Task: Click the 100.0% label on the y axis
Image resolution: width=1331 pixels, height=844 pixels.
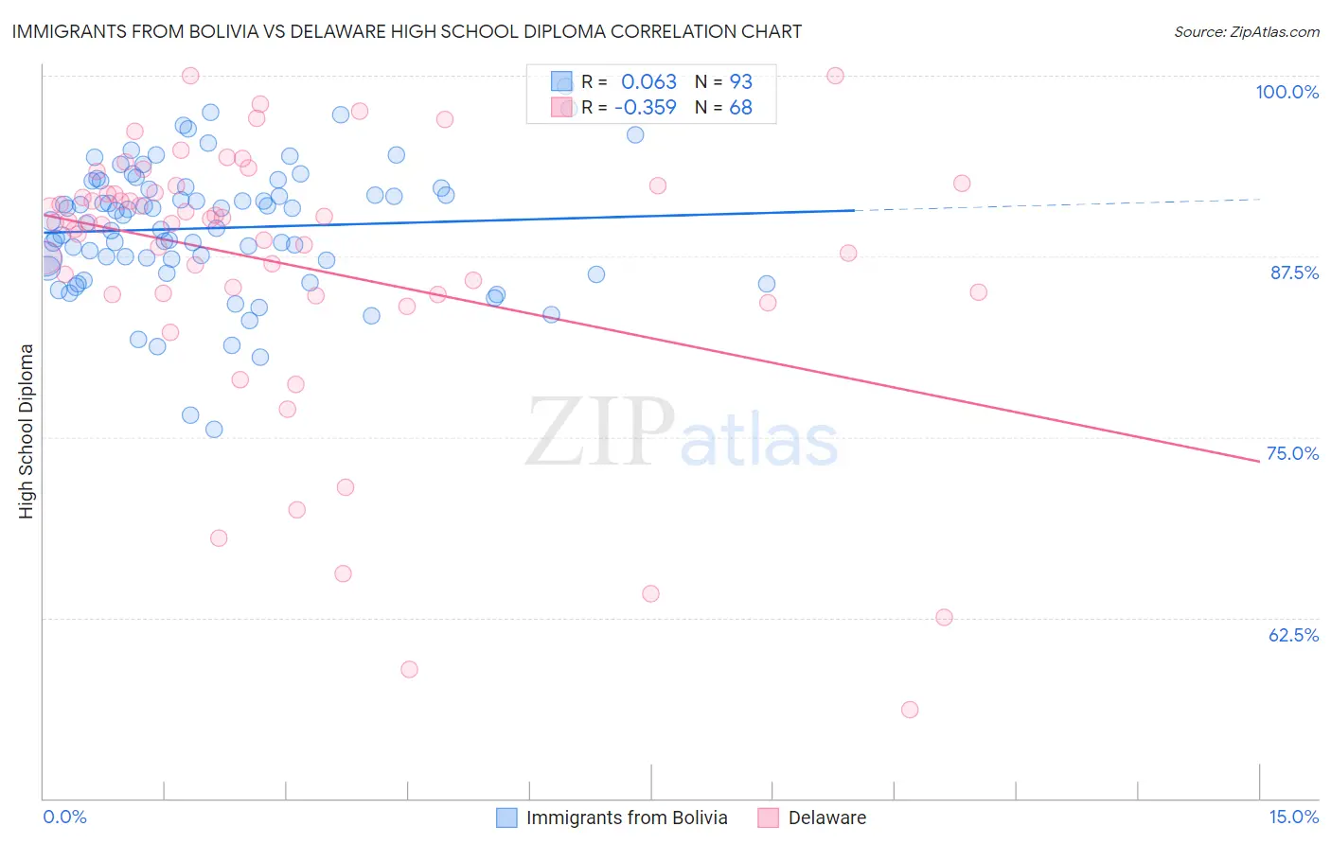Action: pyautogui.click(x=1287, y=92)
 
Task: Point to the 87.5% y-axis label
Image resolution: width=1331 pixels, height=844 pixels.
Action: pyautogui.click(x=1294, y=273)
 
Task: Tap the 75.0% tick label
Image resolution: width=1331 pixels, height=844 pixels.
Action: pyautogui.click(x=1292, y=453)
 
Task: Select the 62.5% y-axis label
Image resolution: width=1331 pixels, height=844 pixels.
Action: pyautogui.click(x=1293, y=635)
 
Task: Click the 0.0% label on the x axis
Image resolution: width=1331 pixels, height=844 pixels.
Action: pyautogui.click(x=64, y=817)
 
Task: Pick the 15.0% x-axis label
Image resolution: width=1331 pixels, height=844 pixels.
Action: pyautogui.click(x=1293, y=817)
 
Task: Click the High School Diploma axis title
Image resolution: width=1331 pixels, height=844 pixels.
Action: pyautogui.click(x=27, y=431)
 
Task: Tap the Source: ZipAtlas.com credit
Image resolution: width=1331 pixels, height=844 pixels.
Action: pyautogui.click(x=1246, y=31)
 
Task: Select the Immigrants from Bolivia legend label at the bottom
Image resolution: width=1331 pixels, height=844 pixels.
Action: pyautogui.click(x=627, y=818)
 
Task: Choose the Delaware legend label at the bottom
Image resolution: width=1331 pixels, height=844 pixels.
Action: pyautogui.click(x=826, y=818)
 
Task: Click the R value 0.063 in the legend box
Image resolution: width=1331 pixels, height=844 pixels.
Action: pyautogui.click(x=648, y=82)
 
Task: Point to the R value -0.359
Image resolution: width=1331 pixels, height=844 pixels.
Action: pyautogui.click(x=645, y=108)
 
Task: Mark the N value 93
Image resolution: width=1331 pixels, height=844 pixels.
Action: pyautogui.click(x=740, y=82)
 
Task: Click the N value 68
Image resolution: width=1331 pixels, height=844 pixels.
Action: pyautogui.click(x=740, y=108)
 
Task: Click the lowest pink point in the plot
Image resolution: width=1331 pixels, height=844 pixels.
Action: pyautogui.click(x=910, y=710)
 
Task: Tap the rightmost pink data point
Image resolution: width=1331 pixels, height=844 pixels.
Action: pyautogui.click(x=979, y=292)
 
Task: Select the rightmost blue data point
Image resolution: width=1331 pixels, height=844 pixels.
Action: pyautogui.click(x=767, y=284)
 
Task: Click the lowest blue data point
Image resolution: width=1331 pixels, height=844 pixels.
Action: pyautogui.click(x=214, y=430)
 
